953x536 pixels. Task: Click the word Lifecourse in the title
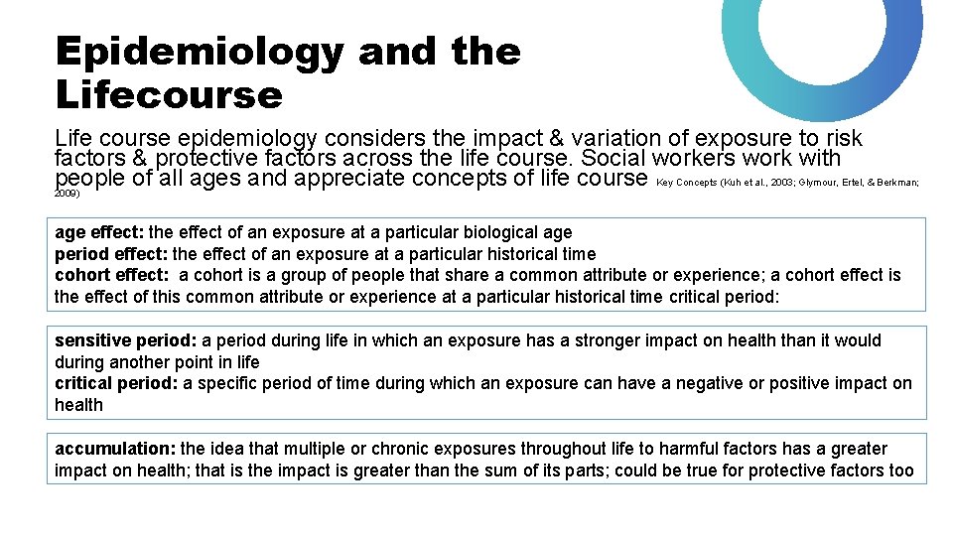click(x=169, y=95)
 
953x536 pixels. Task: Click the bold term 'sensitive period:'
click(x=126, y=340)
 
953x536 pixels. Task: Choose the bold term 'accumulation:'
click(x=115, y=449)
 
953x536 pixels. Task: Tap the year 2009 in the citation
click(x=66, y=194)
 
